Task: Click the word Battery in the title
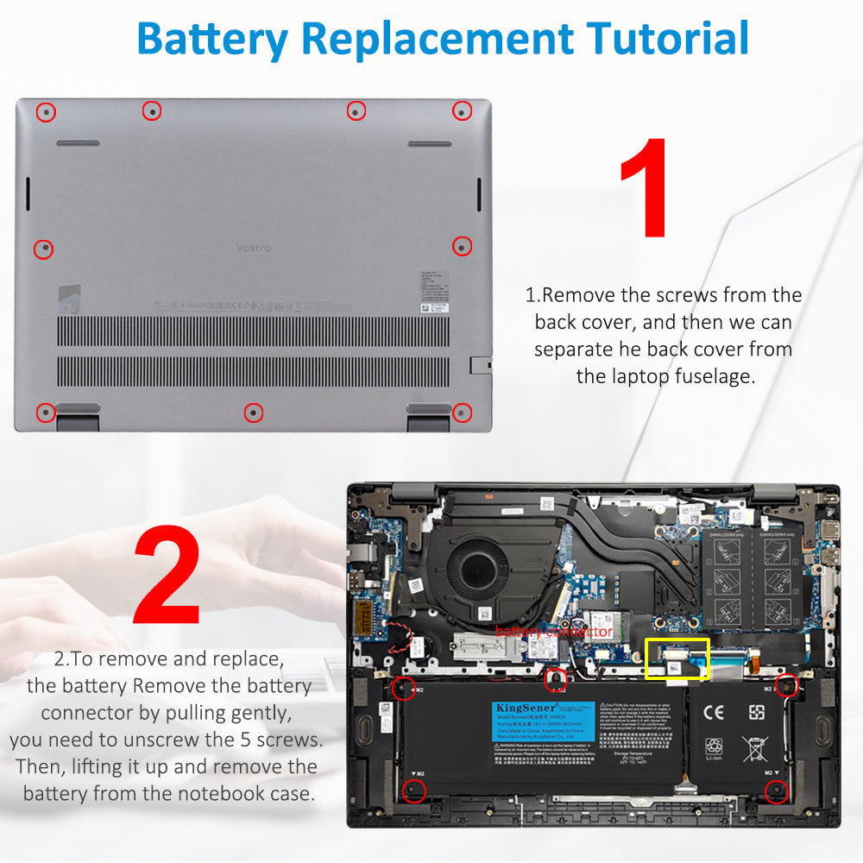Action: [x=212, y=39]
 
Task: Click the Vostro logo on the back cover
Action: [x=253, y=248]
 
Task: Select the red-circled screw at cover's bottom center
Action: [x=253, y=413]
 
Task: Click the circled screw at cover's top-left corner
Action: [x=46, y=111]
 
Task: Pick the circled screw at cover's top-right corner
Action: [x=462, y=110]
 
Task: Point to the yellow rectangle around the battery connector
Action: [x=677, y=658]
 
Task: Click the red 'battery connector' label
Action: [x=554, y=632]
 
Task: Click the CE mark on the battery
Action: [x=715, y=713]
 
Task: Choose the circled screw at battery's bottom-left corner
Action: [x=414, y=790]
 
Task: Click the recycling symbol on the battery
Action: [x=715, y=747]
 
